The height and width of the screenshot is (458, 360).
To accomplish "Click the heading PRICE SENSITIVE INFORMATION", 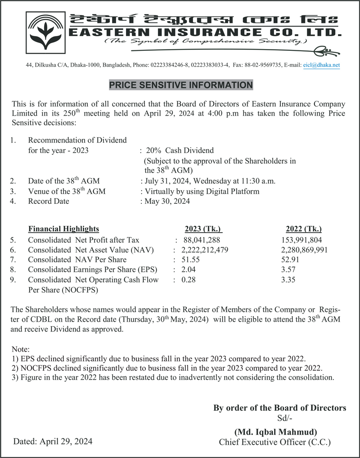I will (x=181, y=85).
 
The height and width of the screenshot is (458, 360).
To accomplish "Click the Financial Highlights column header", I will (x=63, y=229).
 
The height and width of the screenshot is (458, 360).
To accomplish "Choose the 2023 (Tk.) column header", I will (x=203, y=229).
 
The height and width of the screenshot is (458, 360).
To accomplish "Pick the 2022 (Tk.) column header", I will (x=304, y=229).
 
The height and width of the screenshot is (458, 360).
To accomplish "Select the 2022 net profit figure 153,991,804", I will (x=301, y=240).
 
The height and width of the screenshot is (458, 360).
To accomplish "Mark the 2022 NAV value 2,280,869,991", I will (x=304, y=250).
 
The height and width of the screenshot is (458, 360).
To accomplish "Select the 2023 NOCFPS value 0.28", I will (x=188, y=280).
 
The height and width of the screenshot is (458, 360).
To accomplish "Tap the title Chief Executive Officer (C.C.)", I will (x=274, y=442).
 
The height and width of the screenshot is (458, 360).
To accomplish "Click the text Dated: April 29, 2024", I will (x=53, y=441).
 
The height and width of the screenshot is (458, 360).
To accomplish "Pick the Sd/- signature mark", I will (x=285, y=418).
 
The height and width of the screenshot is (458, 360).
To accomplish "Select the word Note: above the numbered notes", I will (x=20, y=349).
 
